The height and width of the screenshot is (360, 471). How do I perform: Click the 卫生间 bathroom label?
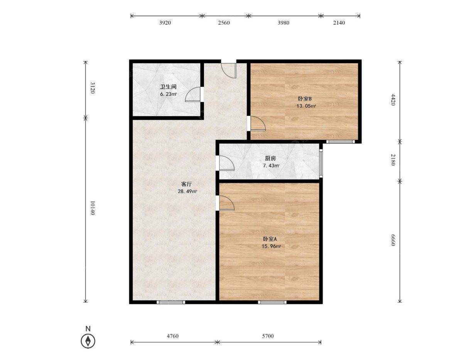[168, 87]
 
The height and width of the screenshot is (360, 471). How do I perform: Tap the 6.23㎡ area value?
[168, 94]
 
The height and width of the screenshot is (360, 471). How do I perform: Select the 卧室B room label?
[305, 99]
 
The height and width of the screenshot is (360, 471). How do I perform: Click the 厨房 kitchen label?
[270, 158]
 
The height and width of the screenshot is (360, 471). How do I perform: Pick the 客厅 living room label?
[186, 184]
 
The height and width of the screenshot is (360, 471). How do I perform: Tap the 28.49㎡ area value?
[187, 191]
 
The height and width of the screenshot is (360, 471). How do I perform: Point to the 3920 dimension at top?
[165, 23]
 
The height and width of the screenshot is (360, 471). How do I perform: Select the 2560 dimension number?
[224, 23]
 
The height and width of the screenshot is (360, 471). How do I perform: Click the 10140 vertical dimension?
[92, 208]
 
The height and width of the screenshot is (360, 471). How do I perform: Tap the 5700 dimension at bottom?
[268, 336]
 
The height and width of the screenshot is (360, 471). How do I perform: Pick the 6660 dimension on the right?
[392, 240]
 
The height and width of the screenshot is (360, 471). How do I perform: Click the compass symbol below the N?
[88, 340]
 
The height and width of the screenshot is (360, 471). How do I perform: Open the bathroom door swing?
[193, 94]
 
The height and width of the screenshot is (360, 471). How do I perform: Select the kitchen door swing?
[226, 163]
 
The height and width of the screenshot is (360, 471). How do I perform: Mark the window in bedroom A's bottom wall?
[272, 302]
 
